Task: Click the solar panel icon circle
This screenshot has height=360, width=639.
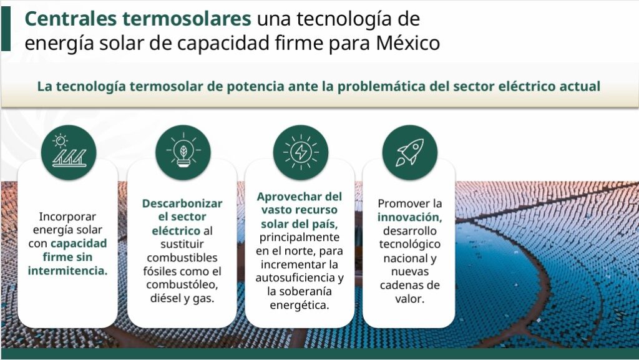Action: (x=69, y=152)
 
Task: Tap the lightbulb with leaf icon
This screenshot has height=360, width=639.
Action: (x=183, y=152)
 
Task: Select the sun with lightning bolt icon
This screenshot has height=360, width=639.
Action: (x=301, y=152)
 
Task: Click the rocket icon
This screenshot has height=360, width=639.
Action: (x=410, y=152)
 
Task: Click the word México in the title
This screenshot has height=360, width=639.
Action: (x=408, y=43)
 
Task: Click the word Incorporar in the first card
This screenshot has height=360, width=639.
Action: (x=67, y=216)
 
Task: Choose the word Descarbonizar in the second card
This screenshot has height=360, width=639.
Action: (x=182, y=203)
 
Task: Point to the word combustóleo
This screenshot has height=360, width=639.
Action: (x=182, y=285)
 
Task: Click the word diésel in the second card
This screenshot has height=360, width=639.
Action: (x=165, y=298)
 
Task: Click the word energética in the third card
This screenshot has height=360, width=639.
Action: (x=300, y=305)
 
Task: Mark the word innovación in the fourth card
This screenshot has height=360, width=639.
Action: (x=409, y=217)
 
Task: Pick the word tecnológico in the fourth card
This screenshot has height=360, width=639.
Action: (x=410, y=245)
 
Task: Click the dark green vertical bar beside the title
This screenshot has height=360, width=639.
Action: (x=6, y=29)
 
